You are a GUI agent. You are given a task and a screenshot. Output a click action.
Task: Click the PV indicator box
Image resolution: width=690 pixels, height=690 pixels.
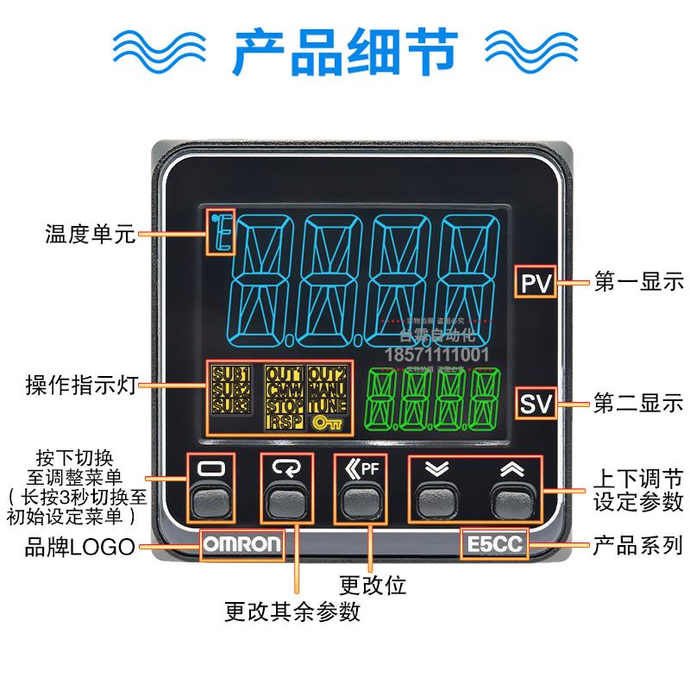tap(536, 282)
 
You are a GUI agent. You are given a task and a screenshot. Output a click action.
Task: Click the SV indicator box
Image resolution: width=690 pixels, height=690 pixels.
tap(536, 403)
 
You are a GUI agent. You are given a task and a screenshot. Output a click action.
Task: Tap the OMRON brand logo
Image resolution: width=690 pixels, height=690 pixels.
tap(241, 544)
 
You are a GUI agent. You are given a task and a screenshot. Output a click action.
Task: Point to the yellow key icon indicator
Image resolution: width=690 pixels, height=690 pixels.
tap(328, 423)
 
